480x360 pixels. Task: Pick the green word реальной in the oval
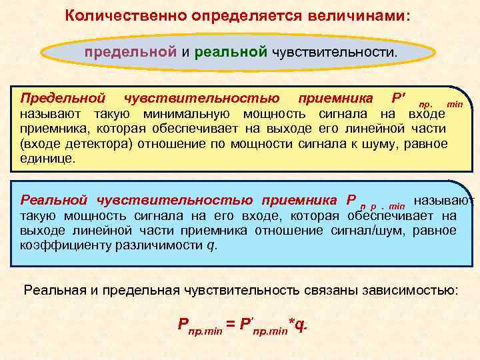coord(231,51)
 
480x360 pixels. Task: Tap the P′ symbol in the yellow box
coord(398,99)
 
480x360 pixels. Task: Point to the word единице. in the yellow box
coord(48,159)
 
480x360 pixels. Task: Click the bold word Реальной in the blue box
coord(55,200)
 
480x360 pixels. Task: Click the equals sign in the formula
coord(229,325)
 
